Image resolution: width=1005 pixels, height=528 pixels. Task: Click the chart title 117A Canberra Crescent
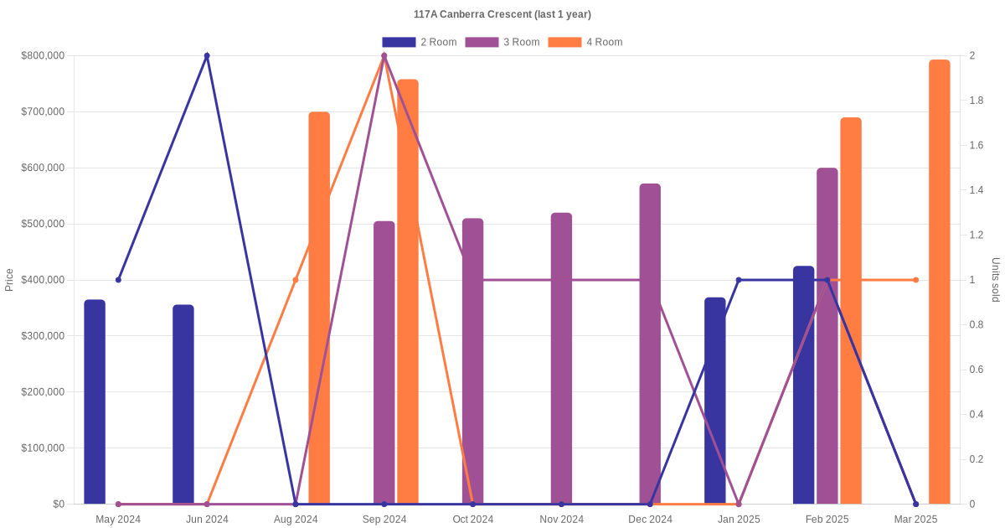click(x=502, y=14)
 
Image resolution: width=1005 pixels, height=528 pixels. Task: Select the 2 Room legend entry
click(x=419, y=42)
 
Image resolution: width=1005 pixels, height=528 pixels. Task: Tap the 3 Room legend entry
click(x=502, y=42)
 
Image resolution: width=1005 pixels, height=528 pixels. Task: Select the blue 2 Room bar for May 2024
click(x=95, y=401)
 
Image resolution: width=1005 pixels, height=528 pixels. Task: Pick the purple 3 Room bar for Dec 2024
click(x=650, y=344)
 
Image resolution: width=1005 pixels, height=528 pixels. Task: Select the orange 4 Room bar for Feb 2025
click(x=851, y=310)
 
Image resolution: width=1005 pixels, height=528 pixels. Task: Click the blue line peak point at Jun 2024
click(x=207, y=56)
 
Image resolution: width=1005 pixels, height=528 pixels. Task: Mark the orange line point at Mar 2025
click(x=916, y=280)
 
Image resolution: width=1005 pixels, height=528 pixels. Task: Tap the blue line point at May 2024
click(x=118, y=280)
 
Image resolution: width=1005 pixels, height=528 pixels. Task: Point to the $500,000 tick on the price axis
click(x=43, y=224)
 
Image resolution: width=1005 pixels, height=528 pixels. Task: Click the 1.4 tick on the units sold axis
click(x=977, y=190)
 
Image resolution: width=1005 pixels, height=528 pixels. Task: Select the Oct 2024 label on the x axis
click(x=473, y=520)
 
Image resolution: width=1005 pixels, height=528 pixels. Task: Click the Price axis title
click(x=9, y=280)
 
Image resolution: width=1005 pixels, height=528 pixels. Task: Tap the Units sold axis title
click(x=996, y=280)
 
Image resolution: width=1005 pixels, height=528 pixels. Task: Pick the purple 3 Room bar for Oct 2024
click(x=473, y=361)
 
